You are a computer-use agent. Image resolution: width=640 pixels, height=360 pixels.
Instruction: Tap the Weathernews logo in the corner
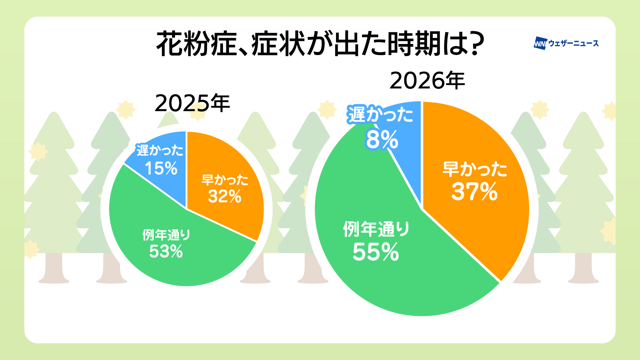[x=566, y=43]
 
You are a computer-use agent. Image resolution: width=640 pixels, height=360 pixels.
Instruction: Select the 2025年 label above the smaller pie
[x=192, y=103]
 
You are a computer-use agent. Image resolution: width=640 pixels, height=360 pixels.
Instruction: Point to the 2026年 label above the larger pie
[x=427, y=81]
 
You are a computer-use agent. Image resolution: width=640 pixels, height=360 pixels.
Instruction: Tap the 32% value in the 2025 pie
[x=225, y=196]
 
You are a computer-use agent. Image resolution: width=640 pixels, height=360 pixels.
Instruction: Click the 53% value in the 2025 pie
[x=166, y=251]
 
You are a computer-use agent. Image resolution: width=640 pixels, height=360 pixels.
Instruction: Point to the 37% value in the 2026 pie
[x=474, y=192]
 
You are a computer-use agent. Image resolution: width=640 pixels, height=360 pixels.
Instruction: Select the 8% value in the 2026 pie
[x=382, y=140]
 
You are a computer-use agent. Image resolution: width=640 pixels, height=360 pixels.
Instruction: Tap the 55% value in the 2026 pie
[x=376, y=252]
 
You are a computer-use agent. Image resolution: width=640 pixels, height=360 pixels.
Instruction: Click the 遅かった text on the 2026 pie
[x=380, y=114]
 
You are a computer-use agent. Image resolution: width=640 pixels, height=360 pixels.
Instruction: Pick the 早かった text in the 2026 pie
[x=475, y=169]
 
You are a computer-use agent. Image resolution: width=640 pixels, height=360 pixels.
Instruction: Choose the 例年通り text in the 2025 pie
[x=166, y=235]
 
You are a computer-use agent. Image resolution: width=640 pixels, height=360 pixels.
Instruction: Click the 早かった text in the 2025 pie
[x=225, y=180]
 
